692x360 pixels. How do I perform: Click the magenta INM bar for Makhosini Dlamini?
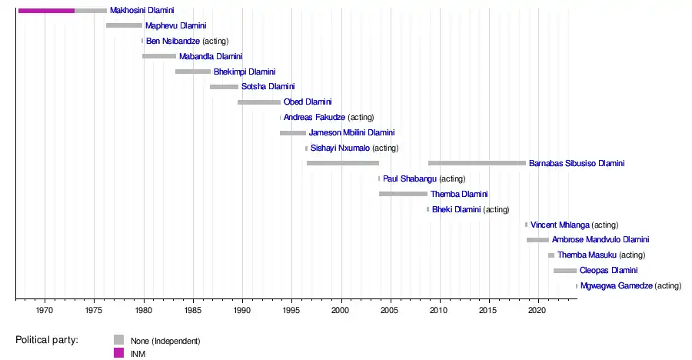point(46,10)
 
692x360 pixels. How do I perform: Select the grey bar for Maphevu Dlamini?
point(124,25)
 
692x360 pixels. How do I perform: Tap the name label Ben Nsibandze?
point(173,41)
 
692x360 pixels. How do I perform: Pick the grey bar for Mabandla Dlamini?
point(159,56)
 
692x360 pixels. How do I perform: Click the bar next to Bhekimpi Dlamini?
point(192,72)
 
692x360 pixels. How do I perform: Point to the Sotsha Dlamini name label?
point(268,87)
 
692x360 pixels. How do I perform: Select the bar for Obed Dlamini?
point(259,102)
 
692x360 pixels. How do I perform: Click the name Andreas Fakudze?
point(314,118)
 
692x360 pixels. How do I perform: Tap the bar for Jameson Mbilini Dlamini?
point(292,133)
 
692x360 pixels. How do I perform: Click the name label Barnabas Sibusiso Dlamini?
point(577,164)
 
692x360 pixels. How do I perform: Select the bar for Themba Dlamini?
point(403,194)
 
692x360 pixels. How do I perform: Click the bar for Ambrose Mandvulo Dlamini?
point(537,240)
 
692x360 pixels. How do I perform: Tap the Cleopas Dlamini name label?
point(608,271)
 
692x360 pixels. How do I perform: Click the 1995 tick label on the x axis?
point(291,309)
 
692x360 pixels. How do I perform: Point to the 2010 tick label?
point(439,309)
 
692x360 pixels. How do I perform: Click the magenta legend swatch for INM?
point(118,353)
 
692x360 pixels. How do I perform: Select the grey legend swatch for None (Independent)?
point(118,339)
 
